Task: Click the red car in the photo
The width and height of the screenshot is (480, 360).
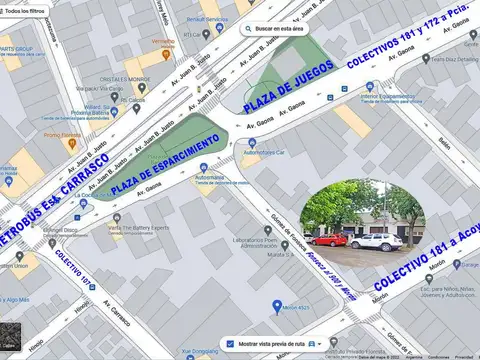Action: pos(327,240)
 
